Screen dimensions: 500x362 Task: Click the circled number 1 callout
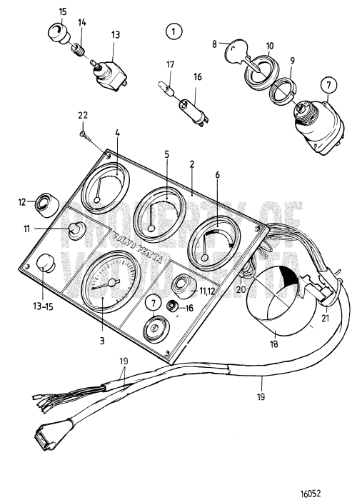point(172,31)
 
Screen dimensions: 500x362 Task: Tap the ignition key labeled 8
point(240,59)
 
